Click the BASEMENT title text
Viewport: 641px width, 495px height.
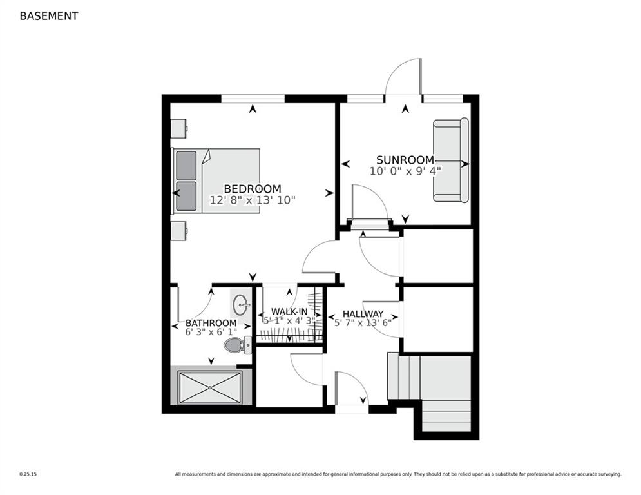click(49, 16)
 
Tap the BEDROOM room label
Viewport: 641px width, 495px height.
click(253, 189)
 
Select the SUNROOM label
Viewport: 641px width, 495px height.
click(405, 160)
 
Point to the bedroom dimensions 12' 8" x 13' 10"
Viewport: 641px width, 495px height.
click(253, 200)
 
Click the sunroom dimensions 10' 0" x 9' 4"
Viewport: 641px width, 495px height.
click(405, 171)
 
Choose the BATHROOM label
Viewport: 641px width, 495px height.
click(211, 323)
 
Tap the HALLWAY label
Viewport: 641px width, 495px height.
click(363, 314)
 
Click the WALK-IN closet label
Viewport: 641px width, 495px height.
click(289, 312)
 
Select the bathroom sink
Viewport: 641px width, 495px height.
click(240, 304)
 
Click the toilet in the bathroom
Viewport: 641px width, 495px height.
click(238, 345)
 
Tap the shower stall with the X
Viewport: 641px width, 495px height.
click(210, 387)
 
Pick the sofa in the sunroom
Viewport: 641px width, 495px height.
click(451, 160)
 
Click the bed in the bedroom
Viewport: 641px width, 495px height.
click(215, 181)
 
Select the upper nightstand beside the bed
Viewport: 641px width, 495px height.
click(179, 128)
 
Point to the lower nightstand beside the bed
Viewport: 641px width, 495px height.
click(179, 231)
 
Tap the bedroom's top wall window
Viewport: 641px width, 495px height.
click(253, 99)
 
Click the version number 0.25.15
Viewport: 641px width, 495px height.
click(28, 474)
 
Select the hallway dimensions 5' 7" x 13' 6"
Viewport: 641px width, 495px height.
click(363, 322)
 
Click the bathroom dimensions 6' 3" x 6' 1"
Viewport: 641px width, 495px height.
click(211, 332)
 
